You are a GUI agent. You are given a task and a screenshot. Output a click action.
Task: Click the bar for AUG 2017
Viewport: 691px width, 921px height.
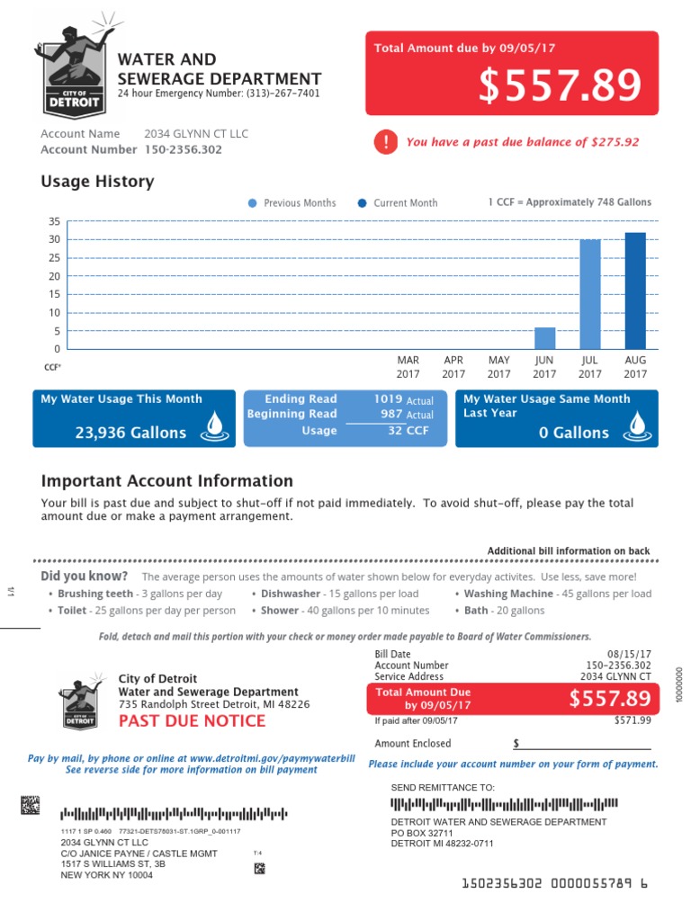tap(635, 291)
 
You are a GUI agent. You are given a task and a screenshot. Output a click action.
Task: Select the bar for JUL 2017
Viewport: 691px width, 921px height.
tap(590, 295)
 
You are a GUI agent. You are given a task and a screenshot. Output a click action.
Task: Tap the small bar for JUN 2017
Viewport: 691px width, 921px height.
tap(545, 338)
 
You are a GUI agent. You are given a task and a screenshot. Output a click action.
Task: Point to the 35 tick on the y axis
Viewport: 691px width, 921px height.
tap(55, 221)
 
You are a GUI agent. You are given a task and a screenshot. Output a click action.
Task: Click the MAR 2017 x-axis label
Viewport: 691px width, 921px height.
tap(408, 367)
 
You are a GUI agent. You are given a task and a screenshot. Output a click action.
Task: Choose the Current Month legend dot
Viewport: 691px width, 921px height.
tap(362, 203)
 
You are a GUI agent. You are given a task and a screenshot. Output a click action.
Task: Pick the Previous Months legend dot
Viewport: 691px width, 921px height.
tap(252, 203)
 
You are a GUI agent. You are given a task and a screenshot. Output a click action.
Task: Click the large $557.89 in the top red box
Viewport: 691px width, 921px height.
tap(560, 85)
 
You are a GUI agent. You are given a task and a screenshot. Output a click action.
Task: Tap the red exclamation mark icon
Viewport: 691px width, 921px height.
tap(385, 141)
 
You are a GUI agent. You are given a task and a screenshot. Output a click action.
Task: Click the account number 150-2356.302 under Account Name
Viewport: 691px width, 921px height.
tap(183, 150)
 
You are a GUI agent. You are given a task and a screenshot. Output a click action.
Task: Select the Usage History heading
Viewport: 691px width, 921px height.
tap(97, 182)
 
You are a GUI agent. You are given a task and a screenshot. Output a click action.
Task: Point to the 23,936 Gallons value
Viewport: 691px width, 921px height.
tap(131, 433)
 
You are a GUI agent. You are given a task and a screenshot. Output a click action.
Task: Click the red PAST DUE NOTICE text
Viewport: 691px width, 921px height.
tap(192, 720)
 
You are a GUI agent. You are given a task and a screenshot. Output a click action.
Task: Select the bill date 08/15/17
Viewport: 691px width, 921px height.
tap(630, 654)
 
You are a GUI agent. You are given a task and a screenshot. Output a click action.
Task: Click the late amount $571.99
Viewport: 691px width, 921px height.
tap(633, 720)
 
